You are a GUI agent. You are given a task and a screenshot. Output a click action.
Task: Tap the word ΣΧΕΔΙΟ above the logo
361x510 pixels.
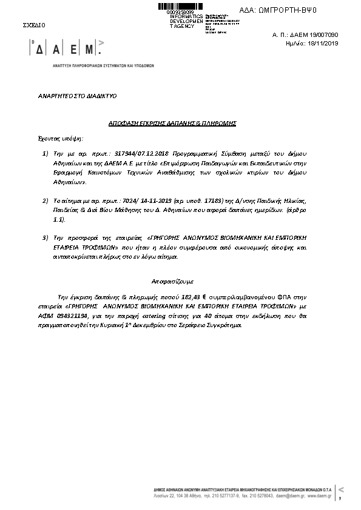point(33,25)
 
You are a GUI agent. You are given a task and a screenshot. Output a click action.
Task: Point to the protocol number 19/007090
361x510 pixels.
point(323,35)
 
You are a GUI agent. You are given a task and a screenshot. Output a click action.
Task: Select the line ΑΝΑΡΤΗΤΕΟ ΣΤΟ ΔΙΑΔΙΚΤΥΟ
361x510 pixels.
point(78,96)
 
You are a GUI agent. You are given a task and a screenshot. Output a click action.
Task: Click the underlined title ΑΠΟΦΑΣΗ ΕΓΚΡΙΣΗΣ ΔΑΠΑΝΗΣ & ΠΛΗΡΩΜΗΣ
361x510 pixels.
point(172,123)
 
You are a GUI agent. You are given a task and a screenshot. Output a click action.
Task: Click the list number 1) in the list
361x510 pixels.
point(46,154)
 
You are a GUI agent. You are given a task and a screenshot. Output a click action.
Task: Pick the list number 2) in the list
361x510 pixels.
point(46,199)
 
